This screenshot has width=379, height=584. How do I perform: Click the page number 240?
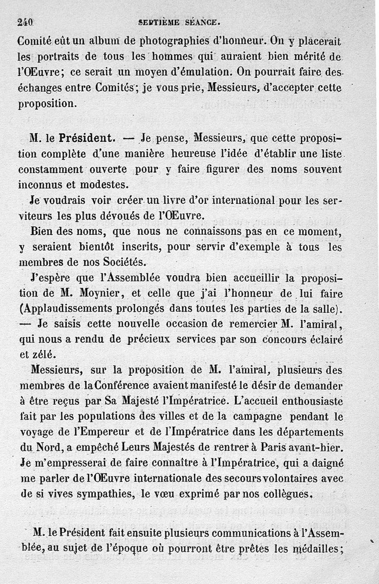pyautogui.click(x=23, y=21)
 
